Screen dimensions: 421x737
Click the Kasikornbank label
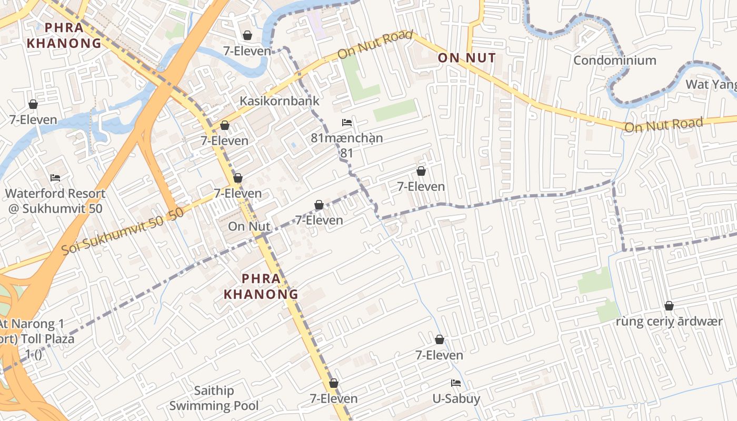(x=280, y=101)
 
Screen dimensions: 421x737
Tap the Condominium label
(x=614, y=60)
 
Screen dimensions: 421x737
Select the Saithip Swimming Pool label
(x=214, y=398)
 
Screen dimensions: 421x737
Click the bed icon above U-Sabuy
(x=456, y=383)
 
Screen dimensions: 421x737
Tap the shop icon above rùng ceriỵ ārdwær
(x=669, y=306)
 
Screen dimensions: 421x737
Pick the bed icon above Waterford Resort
(x=55, y=178)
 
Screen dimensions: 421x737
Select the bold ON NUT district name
(x=466, y=58)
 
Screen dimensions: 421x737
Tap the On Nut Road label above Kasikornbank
(x=374, y=45)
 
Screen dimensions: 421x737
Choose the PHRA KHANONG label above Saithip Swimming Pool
(x=261, y=286)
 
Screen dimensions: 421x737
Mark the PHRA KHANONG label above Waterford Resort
(x=64, y=35)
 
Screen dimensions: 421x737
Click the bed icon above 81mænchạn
(x=347, y=123)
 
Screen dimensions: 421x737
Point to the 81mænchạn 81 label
(x=346, y=145)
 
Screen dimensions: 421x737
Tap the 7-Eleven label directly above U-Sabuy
(x=439, y=355)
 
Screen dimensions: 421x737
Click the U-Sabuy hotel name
(x=456, y=398)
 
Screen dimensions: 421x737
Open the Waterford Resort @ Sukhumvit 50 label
(x=55, y=201)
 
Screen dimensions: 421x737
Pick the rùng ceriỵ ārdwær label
(x=669, y=321)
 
